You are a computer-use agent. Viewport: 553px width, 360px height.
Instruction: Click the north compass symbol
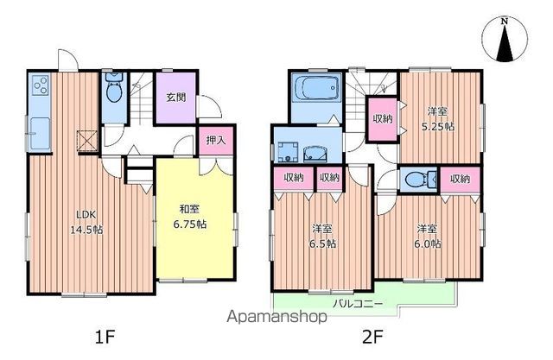point(505,40)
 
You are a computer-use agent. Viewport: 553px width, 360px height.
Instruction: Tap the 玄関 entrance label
point(176,98)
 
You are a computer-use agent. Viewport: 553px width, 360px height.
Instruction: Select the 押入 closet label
point(216,140)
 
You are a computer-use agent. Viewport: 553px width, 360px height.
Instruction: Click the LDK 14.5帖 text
point(86,222)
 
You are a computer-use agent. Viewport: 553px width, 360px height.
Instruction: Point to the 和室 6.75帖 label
point(190,217)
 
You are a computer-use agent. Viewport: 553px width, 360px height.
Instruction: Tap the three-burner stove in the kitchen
point(41,85)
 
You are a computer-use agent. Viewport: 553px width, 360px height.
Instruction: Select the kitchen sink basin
point(40,134)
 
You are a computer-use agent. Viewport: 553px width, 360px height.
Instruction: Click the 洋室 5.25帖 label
point(438,119)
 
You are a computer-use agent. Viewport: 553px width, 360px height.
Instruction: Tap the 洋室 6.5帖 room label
point(322,236)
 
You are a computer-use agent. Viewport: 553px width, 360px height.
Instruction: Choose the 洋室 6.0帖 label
point(427,236)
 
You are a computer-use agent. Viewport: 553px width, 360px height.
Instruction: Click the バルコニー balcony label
point(358,303)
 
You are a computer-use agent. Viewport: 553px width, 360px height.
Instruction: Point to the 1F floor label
point(105,338)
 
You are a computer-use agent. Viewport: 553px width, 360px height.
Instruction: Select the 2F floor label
point(372,338)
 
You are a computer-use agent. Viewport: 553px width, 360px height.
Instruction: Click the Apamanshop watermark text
point(276,318)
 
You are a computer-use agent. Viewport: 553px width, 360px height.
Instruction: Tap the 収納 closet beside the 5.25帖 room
point(383,119)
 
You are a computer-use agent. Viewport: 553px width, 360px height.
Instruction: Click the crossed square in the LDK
point(87,141)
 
